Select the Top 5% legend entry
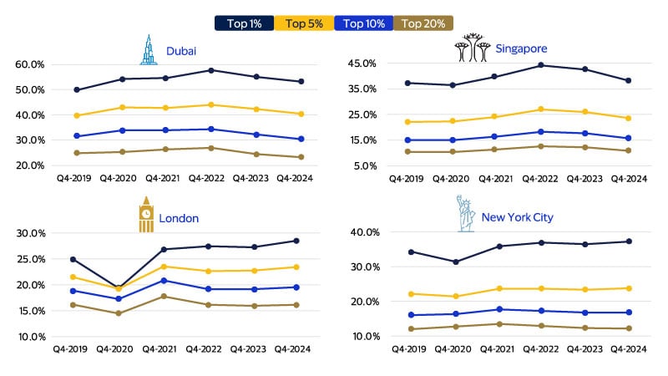(305, 23)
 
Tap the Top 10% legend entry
(363, 23)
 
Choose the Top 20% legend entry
(423, 23)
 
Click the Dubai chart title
(181, 52)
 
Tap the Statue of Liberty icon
(465, 214)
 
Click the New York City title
(517, 217)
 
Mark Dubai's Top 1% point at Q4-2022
(211, 70)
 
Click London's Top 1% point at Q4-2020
(119, 287)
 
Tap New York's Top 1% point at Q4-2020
(455, 262)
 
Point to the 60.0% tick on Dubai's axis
(30, 64)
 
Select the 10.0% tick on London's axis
(29, 337)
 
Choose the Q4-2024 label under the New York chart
(627, 348)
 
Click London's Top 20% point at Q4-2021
(164, 297)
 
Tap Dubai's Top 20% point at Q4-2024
(301, 157)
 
